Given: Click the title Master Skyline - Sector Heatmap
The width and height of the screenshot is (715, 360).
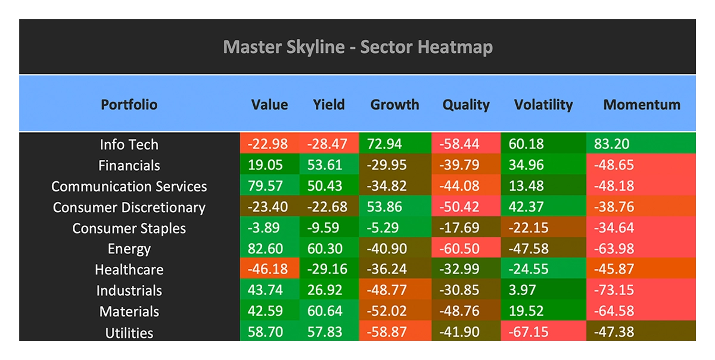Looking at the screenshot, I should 357,46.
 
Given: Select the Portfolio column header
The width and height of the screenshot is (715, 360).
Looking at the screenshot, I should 129,104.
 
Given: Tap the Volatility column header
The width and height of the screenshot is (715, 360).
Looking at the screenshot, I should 543,104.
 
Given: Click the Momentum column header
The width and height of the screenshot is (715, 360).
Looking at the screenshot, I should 642,104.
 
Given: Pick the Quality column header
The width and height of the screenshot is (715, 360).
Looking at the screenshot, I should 465,104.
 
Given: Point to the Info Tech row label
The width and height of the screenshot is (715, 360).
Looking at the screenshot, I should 129,144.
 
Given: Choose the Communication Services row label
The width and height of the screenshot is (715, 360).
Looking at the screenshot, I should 129,186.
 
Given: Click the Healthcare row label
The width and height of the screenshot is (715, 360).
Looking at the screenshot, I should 129,269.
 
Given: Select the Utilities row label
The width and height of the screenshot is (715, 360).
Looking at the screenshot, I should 129,333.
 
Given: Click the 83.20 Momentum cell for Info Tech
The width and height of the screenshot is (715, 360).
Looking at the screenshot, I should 641,144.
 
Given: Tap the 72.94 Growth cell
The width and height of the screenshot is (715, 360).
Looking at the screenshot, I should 395,144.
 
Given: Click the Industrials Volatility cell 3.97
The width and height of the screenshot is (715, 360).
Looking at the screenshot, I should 543,290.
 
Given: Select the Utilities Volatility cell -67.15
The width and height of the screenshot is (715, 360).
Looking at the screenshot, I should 543,332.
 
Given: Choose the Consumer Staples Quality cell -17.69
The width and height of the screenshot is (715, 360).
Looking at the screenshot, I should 466,228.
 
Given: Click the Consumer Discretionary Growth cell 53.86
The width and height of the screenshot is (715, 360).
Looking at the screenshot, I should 395,207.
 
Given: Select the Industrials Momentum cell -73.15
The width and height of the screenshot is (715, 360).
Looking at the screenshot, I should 641,290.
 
